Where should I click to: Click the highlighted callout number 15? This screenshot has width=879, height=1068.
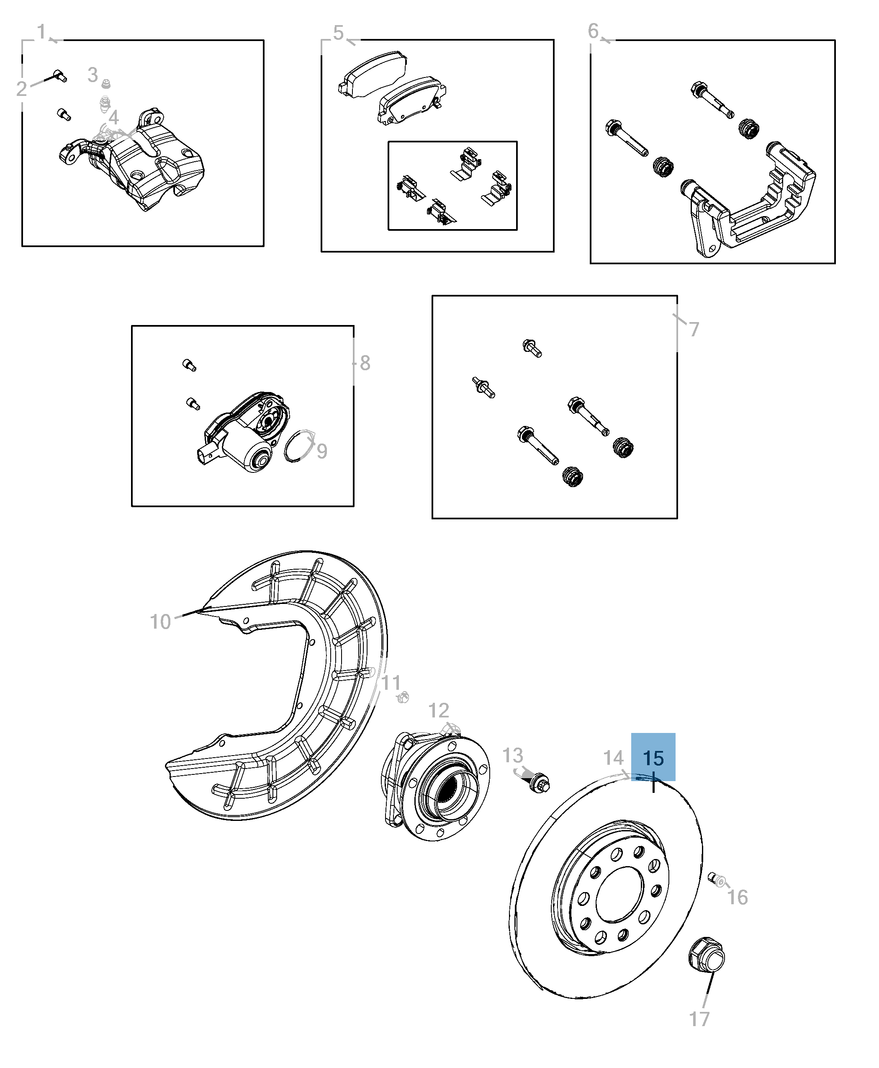click(x=653, y=758)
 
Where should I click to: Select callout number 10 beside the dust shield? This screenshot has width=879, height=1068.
click(x=160, y=622)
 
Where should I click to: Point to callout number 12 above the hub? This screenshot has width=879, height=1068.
click(x=439, y=711)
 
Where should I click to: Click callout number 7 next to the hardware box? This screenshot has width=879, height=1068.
click(x=694, y=329)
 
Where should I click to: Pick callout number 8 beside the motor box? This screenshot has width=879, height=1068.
click(x=365, y=363)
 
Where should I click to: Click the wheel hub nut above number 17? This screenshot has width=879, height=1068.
click(x=707, y=957)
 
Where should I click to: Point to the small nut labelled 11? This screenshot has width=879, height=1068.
click(x=403, y=698)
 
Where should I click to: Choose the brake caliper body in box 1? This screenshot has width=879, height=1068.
click(x=147, y=167)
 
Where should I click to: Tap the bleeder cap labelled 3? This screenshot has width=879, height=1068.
click(x=106, y=84)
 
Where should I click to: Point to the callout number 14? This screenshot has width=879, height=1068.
click(x=613, y=758)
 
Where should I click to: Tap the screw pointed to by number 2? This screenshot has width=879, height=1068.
click(x=59, y=76)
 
